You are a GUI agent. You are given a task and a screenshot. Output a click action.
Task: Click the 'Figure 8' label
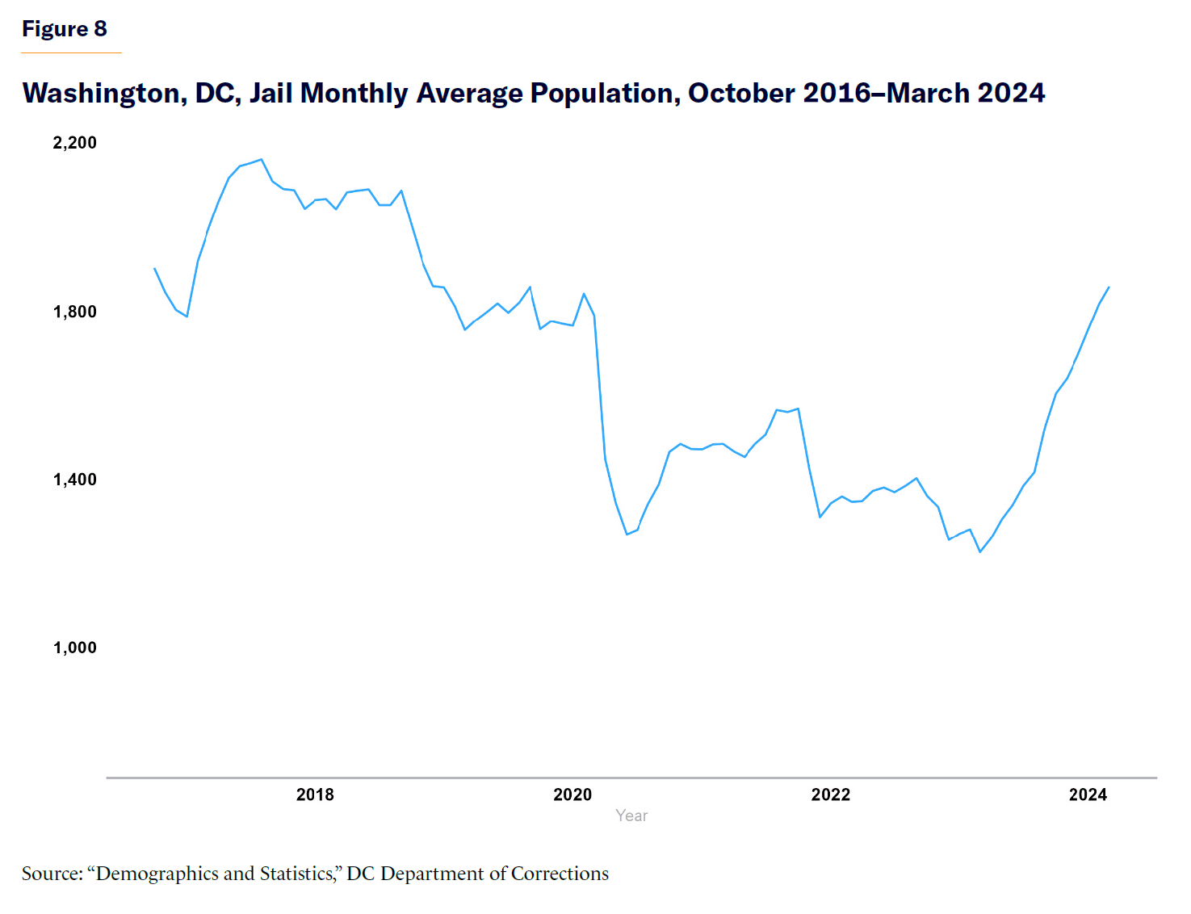(x=64, y=29)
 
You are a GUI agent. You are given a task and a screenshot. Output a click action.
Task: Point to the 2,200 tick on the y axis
(x=74, y=143)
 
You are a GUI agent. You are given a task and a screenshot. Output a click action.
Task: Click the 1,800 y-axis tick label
(x=74, y=312)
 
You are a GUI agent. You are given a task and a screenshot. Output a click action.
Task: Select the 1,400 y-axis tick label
(x=74, y=480)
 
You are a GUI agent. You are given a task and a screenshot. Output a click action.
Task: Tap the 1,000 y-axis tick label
(x=74, y=648)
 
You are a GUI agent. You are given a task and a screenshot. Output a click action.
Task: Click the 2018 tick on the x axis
(x=315, y=795)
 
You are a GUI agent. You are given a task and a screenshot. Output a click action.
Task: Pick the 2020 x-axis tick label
(x=572, y=795)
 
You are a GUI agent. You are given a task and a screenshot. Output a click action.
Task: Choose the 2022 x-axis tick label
(x=830, y=795)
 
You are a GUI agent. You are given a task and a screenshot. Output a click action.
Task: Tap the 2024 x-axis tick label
(x=1088, y=795)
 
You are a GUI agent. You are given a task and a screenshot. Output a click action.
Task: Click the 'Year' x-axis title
(x=631, y=815)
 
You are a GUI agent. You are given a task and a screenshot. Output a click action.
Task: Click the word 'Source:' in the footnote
(x=52, y=874)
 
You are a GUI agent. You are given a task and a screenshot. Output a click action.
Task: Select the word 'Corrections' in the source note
(x=560, y=874)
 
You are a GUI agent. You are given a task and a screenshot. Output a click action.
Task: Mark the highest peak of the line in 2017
(x=261, y=159)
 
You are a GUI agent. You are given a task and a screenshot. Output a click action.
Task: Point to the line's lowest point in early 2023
(x=980, y=551)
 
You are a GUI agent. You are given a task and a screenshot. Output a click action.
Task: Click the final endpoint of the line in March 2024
(x=1109, y=287)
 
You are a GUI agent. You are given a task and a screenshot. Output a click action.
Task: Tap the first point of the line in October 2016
(x=154, y=268)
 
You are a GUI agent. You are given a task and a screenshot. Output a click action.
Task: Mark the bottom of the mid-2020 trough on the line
(x=627, y=535)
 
